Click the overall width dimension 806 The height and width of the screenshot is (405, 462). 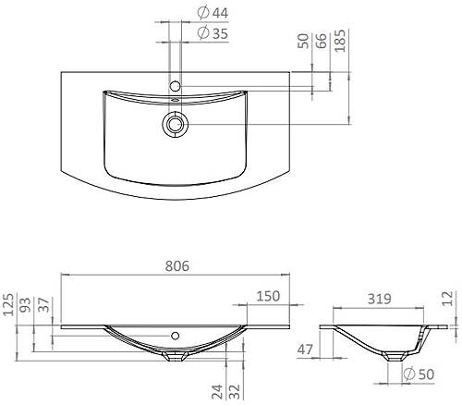(x=177, y=265)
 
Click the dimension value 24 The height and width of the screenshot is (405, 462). (x=214, y=393)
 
